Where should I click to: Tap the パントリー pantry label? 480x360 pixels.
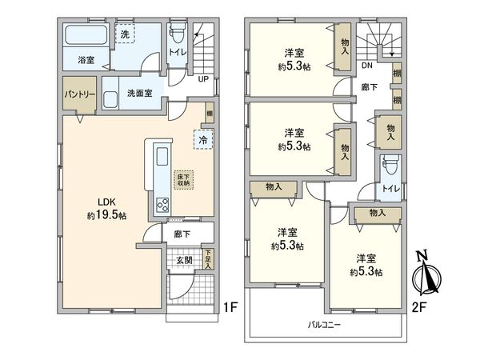coord(79,94)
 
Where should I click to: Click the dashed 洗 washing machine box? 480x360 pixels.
coord(124,34)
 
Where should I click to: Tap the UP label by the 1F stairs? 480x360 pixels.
coord(203,78)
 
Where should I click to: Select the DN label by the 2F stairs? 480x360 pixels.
coord(366,67)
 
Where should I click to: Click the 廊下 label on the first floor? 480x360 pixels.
coord(182,234)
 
